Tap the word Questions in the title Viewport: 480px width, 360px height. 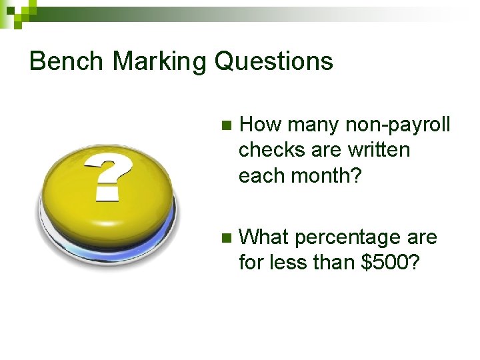273,61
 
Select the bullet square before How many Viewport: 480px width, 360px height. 224,125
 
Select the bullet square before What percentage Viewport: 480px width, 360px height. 224,238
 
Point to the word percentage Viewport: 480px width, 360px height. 346,237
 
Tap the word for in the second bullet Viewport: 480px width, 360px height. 250,263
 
